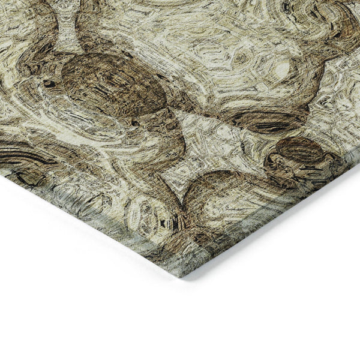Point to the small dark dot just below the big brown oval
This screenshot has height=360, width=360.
(x=136, y=123)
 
